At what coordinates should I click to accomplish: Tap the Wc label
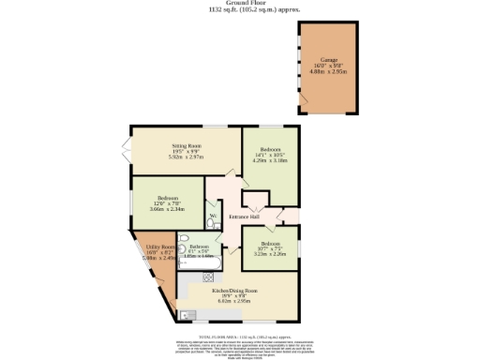click(214, 217)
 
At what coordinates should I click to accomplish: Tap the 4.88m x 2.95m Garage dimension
click(328, 69)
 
